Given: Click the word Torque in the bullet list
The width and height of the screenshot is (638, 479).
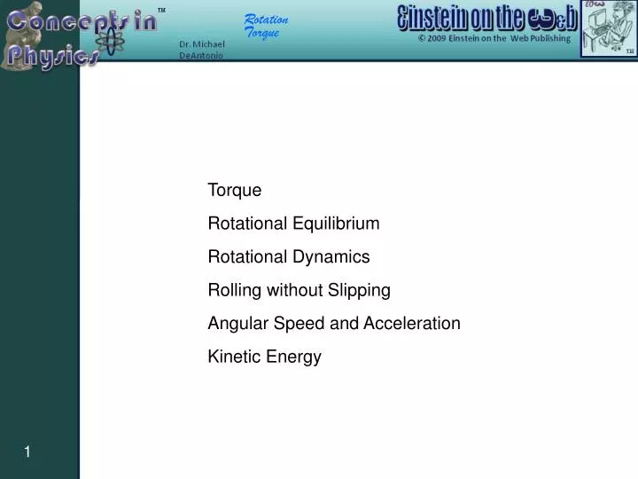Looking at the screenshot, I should tap(234, 190).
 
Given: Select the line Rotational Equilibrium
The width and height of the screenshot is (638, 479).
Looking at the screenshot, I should tap(293, 224).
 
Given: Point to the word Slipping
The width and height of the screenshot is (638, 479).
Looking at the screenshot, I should tap(361, 290).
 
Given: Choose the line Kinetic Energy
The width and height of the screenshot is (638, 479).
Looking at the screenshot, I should tap(264, 357).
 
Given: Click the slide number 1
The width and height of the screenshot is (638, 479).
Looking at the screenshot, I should tap(27, 452).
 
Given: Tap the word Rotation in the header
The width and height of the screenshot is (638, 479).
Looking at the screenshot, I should tap(266, 20).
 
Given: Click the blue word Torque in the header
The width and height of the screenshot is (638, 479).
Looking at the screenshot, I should tap(261, 33).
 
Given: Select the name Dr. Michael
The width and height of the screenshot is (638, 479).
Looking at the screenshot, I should tap(201, 44).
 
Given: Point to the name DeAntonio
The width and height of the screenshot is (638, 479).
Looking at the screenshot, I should tap(201, 55).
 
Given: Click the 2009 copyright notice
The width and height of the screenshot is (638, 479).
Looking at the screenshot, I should tap(495, 39).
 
